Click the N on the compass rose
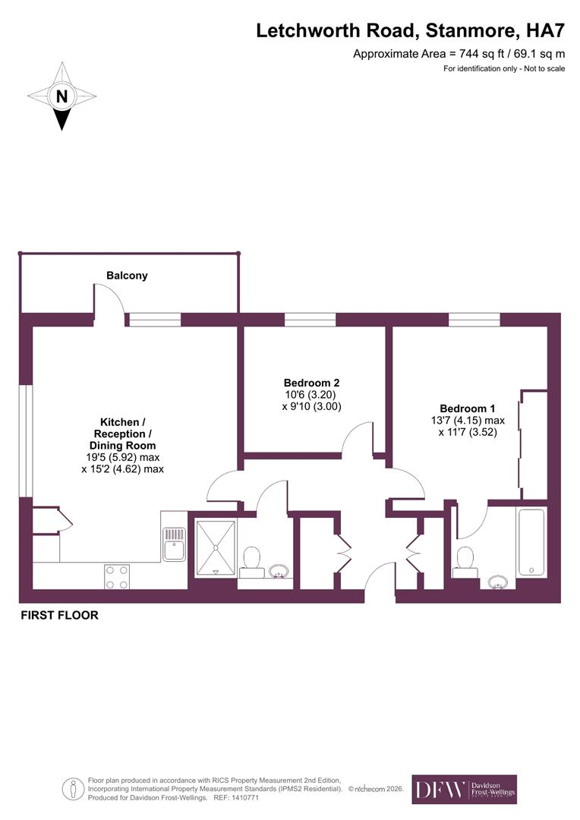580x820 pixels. pyautogui.click(x=61, y=96)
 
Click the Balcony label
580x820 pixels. pyautogui.click(x=127, y=276)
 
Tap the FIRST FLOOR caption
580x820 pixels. pyautogui.click(x=59, y=615)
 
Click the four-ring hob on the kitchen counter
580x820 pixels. pyautogui.click(x=116, y=576)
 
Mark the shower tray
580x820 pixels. pyautogui.click(x=216, y=546)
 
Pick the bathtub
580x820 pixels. pyautogui.click(x=531, y=542)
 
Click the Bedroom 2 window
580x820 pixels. pyautogui.click(x=310, y=320)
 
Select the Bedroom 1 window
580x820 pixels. pyautogui.click(x=474, y=320)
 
